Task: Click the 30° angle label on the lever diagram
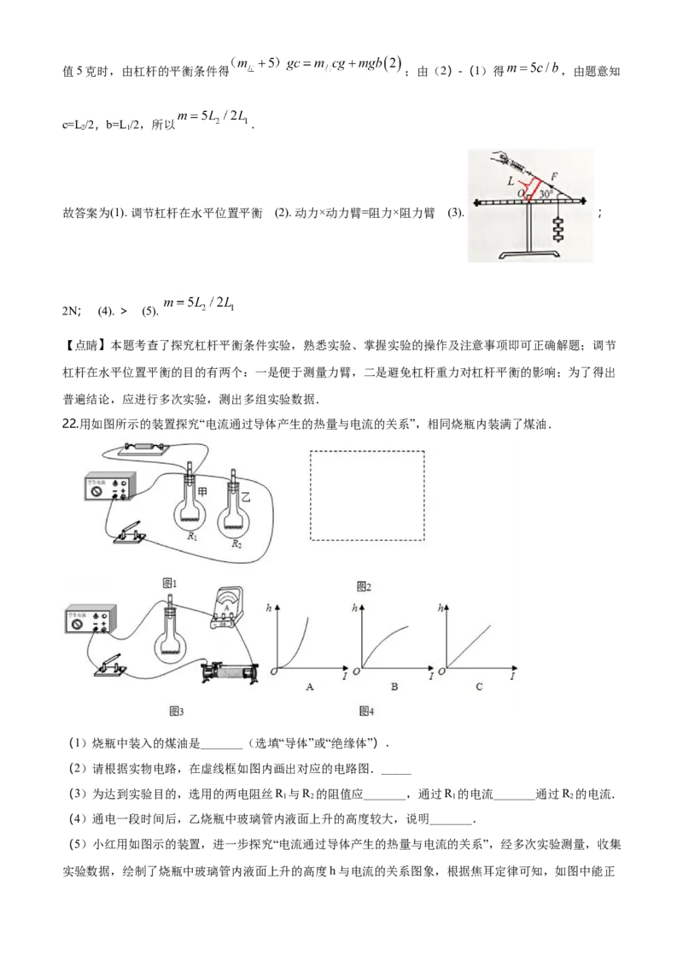[x=546, y=194]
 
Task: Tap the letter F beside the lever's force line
[x=553, y=176]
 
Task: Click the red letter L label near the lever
[x=511, y=181]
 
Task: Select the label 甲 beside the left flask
[x=202, y=491]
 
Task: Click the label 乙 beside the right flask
[x=245, y=497]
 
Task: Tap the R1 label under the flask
[x=193, y=536]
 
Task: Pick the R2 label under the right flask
[x=236, y=544]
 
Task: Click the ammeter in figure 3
[x=226, y=609]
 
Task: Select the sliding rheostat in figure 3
[x=231, y=671]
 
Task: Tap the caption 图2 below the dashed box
[x=365, y=587]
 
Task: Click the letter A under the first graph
[x=310, y=687]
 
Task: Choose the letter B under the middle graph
[x=394, y=687]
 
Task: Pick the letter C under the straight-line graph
[x=479, y=687]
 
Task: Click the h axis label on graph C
[x=440, y=608]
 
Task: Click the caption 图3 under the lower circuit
[x=176, y=711]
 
